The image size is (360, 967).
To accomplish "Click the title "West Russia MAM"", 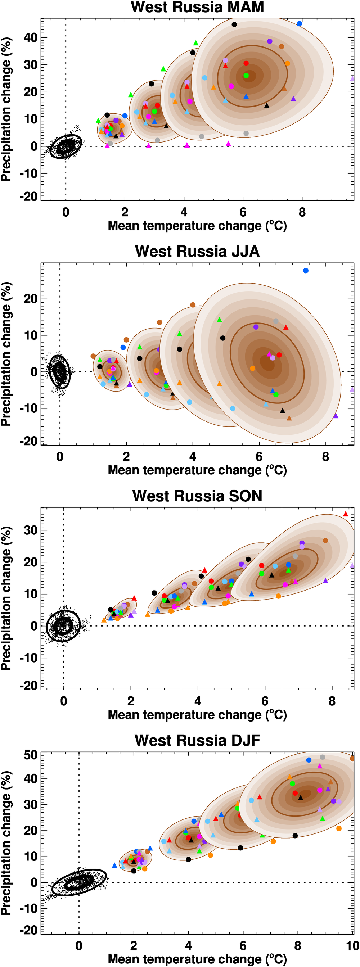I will (197, 7).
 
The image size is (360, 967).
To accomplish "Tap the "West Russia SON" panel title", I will (197, 496).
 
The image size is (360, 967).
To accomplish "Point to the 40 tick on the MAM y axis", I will (30, 37).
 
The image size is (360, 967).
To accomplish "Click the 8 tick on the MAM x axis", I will (302, 212).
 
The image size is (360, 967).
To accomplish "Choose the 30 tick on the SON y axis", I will (30, 530).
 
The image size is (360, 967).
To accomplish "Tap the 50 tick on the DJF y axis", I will (30, 755).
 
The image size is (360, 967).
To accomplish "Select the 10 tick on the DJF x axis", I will (352, 946).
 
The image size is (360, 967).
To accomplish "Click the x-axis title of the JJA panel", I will (197, 470).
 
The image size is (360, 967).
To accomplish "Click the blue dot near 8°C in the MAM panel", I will (299, 24).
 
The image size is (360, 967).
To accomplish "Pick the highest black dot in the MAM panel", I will (234, 24).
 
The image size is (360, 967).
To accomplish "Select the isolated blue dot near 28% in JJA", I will (306, 271).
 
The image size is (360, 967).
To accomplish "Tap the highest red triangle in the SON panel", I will (345, 514).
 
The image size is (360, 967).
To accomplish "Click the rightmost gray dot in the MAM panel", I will (246, 133).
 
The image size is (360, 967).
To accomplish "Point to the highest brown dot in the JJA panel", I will (193, 305).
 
